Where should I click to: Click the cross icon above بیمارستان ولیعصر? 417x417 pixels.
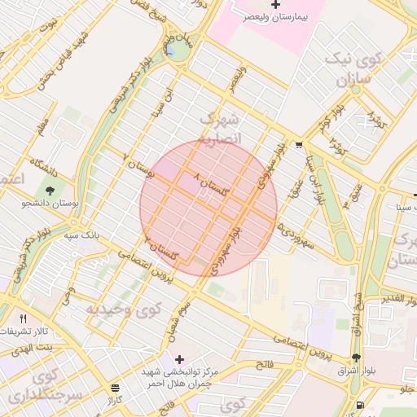(x=275, y=5)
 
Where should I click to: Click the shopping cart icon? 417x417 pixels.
(x=300, y=146)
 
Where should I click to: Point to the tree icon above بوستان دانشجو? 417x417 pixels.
(x=50, y=191)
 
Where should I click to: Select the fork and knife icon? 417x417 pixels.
(x=23, y=318)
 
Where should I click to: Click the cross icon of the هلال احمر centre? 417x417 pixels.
(x=179, y=359)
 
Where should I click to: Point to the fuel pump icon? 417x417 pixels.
(x=359, y=405)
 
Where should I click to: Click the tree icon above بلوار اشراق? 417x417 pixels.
(x=355, y=358)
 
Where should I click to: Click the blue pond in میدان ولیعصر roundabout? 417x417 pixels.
(x=176, y=53)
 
